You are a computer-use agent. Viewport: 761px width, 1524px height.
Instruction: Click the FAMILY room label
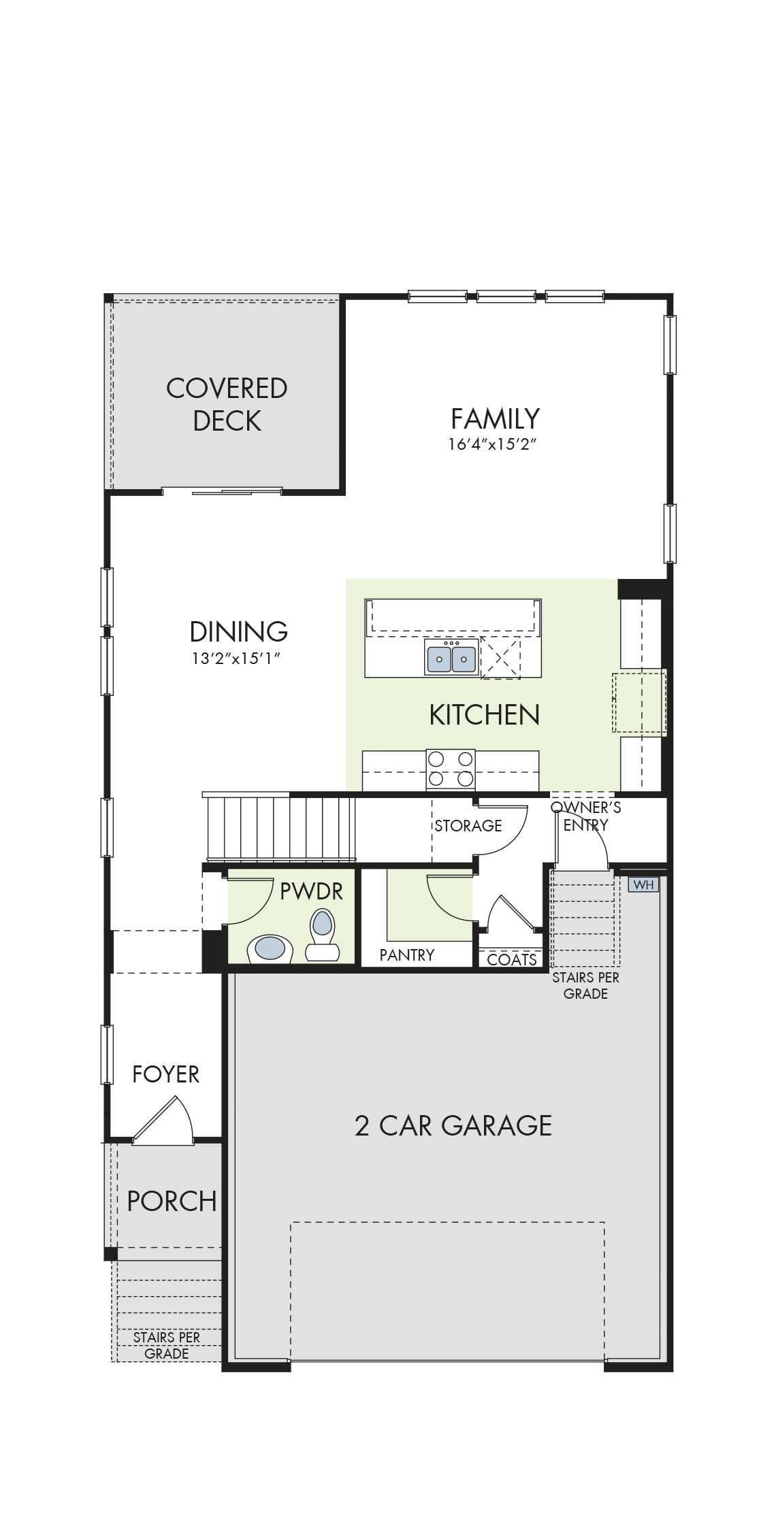tap(496, 418)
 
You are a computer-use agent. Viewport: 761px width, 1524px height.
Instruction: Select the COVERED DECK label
tap(227, 404)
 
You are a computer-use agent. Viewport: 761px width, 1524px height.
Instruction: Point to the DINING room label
tap(238, 631)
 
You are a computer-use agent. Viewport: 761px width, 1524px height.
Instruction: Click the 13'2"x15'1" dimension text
tap(236, 659)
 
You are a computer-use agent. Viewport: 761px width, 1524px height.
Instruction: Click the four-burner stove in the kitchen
tap(451, 769)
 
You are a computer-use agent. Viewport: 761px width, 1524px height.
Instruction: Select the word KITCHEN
tap(485, 715)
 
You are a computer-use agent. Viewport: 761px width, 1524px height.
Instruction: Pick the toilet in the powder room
tap(322, 934)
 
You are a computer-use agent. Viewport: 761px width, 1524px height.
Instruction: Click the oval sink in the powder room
tap(270, 948)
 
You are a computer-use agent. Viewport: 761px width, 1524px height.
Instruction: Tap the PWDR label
tap(311, 891)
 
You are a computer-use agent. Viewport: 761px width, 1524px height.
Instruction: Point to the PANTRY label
tap(407, 955)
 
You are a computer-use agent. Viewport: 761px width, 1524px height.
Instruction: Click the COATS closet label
tap(512, 959)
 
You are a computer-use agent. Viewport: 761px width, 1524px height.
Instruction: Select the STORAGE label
tap(468, 826)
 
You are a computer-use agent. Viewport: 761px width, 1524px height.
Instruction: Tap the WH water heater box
tap(643, 884)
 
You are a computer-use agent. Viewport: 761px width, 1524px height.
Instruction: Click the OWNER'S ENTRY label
tap(585, 816)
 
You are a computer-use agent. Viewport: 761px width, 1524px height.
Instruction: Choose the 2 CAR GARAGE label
tap(453, 1125)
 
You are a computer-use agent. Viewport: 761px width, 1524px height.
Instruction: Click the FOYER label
tap(165, 1074)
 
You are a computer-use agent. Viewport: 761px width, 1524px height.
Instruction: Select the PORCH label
tap(172, 1201)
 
